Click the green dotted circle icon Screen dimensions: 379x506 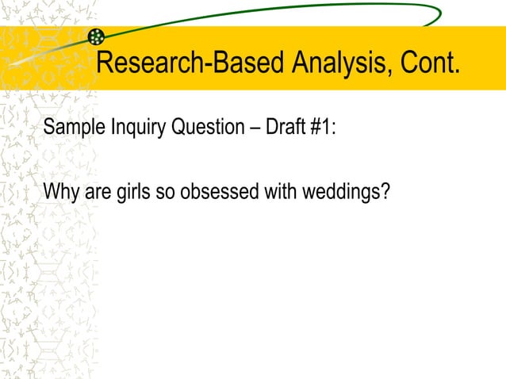97,36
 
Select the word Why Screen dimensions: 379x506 58,192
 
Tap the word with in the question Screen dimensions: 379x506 278,192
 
